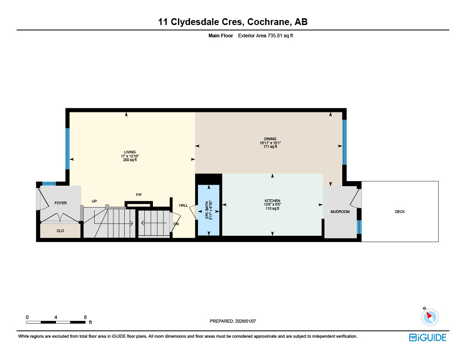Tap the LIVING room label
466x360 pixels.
[130, 152]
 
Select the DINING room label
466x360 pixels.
[270, 139]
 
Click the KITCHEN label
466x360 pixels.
[272, 201]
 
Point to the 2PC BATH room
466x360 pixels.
[208, 210]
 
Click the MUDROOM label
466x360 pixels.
[340, 212]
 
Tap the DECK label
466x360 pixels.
[400, 212]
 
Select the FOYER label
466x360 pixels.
[61, 203]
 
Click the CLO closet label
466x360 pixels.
[60, 231]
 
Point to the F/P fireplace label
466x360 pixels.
[139, 195]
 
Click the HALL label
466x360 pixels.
[183, 205]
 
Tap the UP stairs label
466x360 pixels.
[94, 201]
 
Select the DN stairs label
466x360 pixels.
[176, 224]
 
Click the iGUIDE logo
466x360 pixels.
[427, 337]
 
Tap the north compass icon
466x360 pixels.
[430, 316]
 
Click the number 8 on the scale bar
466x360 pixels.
[85, 317]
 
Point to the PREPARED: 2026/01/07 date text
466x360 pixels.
[233, 321]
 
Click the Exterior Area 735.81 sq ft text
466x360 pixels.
[265, 35]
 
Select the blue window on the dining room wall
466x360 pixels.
[344, 142]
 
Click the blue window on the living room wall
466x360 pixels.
[68, 148]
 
